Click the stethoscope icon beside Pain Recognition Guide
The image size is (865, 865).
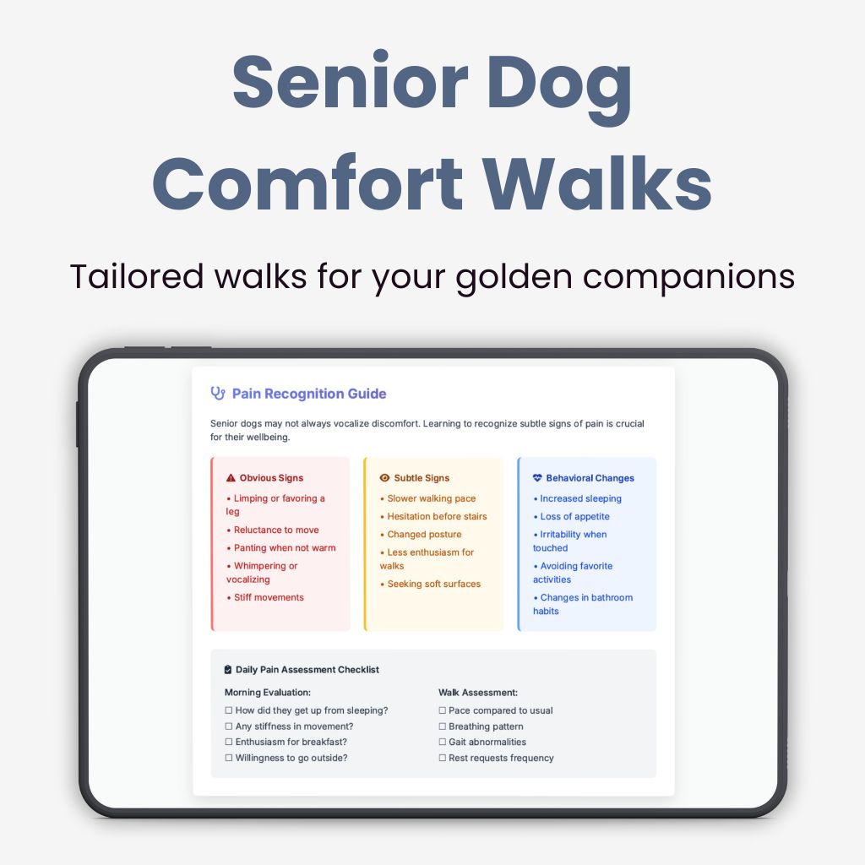(x=218, y=394)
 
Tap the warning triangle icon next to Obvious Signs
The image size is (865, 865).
(x=231, y=478)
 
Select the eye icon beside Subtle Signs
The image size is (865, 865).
(x=384, y=478)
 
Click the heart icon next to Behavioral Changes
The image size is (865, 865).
(x=537, y=478)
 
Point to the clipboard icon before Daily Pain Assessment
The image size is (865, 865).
(x=228, y=670)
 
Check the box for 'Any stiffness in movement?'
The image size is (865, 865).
(x=229, y=726)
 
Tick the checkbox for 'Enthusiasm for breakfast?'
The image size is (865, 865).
(x=229, y=743)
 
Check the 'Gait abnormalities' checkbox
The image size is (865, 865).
(x=442, y=743)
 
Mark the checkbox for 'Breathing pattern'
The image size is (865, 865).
(x=442, y=726)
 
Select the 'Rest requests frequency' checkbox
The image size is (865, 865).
(x=442, y=759)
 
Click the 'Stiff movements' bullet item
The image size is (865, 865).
(x=268, y=597)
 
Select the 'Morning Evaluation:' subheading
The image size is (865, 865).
(x=268, y=693)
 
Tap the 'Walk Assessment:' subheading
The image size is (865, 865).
(x=478, y=693)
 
